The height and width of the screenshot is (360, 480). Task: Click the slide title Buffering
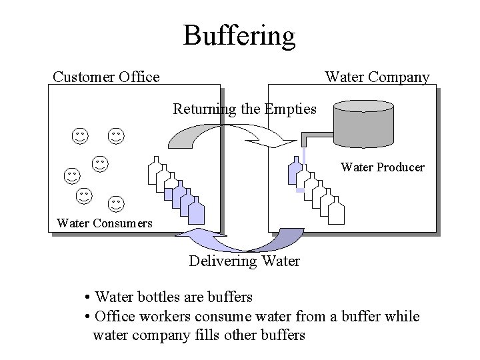click(x=239, y=35)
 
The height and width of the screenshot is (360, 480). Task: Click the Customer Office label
click(x=106, y=77)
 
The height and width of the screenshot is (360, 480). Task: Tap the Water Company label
click(x=377, y=77)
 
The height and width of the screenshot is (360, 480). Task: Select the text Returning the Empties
click(x=245, y=108)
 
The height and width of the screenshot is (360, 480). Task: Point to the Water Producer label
click(x=382, y=167)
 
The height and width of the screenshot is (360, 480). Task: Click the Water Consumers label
click(x=105, y=223)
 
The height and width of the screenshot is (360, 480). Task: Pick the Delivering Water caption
click(x=244, y=261)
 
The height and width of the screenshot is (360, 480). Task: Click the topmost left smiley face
click(x=80, y=136)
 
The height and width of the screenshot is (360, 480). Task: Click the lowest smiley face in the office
click(x=116, y=203)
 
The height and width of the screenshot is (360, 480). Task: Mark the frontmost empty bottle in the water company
click(x=335, y=211)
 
